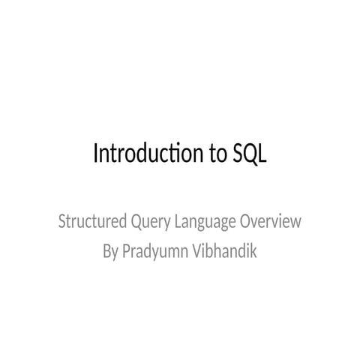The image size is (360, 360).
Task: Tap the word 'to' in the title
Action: click(213, 154)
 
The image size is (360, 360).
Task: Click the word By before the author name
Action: click(109, 251)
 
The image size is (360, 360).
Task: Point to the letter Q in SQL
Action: click(249, 154)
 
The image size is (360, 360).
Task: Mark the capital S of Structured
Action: click(61, 223)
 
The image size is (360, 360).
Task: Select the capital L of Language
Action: click(178, 223)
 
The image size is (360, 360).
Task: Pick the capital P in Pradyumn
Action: click(127, 251)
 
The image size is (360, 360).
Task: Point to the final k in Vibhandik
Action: click(253, 251)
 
